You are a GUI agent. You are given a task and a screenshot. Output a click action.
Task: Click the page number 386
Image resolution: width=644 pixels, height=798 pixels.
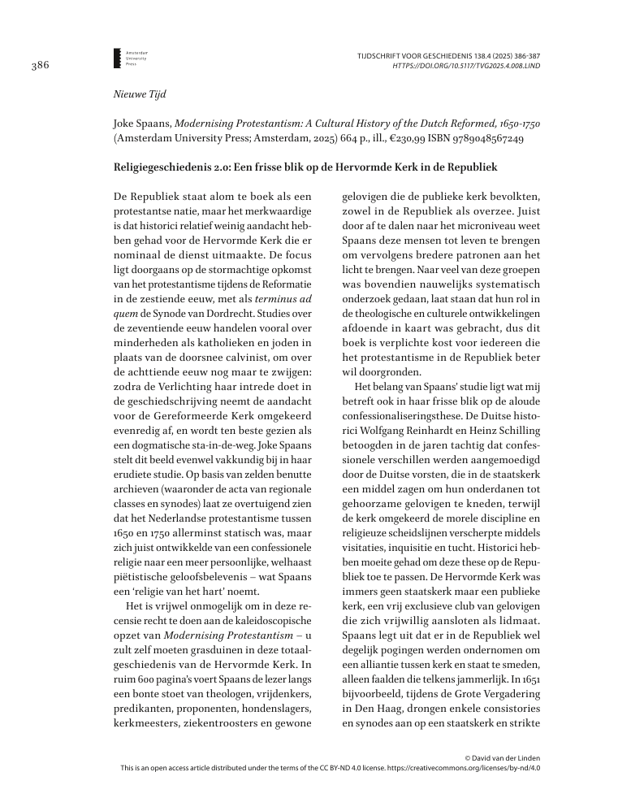click(x=41, y=67)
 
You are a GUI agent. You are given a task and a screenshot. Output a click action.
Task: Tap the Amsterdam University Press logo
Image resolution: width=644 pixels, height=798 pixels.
click(x=118, y=57)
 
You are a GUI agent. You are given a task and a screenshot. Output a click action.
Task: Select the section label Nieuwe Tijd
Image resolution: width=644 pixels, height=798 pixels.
click(x=140, y=94)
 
